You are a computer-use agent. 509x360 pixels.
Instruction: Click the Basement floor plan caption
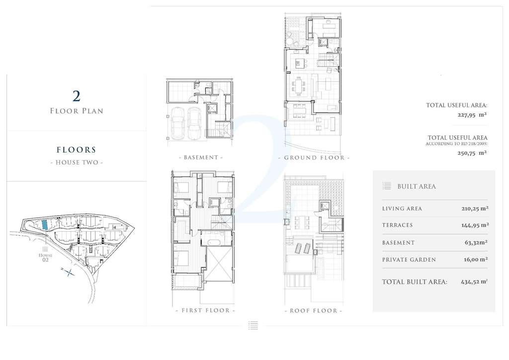201,158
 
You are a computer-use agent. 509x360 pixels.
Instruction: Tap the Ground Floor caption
314,158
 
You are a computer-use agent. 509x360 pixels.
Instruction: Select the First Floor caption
205,310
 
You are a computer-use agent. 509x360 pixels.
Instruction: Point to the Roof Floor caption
313,311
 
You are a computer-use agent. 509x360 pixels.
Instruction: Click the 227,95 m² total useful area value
472,114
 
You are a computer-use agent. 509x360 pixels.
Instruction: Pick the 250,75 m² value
472,153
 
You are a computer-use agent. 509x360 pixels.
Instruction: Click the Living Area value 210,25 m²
475,208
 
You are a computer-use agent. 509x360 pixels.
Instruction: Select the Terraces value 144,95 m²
475,225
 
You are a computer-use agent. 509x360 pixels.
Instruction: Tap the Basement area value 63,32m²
476,243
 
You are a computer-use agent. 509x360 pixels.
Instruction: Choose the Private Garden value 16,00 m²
476,260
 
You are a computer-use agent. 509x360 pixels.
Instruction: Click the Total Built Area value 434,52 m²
474,282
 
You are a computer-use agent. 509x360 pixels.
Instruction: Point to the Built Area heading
417,186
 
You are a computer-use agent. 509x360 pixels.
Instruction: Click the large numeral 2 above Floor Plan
76,96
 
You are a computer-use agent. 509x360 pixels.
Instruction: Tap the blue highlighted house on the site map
45,224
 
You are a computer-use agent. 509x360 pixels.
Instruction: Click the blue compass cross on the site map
68,272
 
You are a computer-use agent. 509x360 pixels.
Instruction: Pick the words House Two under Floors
77,162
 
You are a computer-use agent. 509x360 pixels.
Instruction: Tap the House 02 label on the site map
45,258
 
